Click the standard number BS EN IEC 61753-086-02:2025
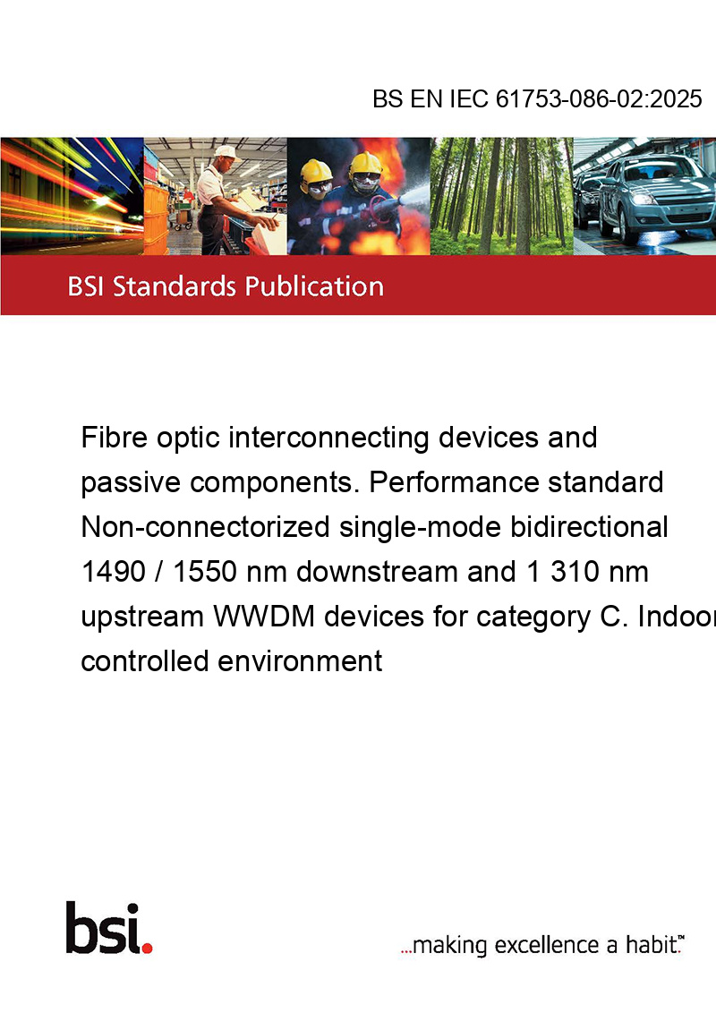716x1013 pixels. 537,98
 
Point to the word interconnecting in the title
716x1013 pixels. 329,438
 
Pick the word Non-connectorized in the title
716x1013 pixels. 206,526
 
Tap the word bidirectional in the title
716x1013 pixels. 589,526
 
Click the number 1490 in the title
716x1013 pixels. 113,572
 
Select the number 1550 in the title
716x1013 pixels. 205,572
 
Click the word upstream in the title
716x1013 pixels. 142,617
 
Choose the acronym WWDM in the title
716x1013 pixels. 264,617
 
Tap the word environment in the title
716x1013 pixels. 300,661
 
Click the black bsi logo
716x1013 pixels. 103,928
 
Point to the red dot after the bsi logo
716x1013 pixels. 147,949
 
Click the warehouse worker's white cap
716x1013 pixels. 226,152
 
